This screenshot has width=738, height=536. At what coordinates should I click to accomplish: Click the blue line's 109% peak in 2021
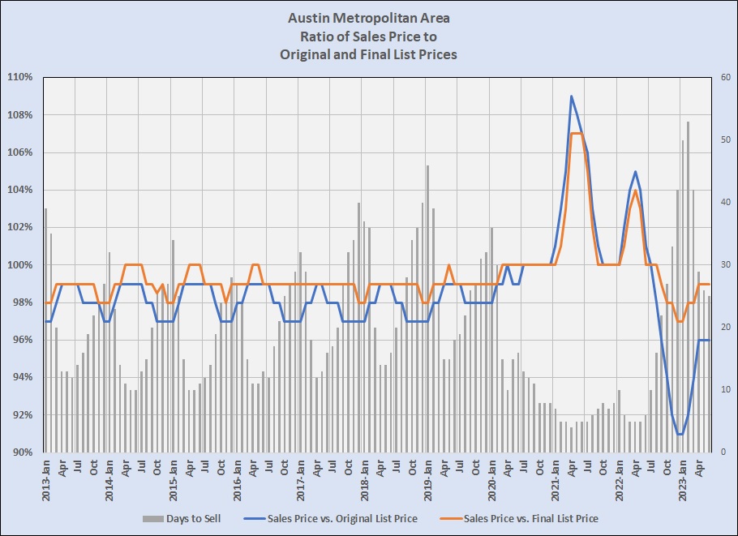pos(572,96)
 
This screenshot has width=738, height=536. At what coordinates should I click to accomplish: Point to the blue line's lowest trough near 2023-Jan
pos(680,434)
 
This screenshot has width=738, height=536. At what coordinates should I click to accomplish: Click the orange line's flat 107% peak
pos(577,134)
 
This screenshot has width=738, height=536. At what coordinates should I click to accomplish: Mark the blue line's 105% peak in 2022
pos(636,171)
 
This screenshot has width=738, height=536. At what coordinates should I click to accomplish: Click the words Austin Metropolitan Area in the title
pos(368,17)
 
